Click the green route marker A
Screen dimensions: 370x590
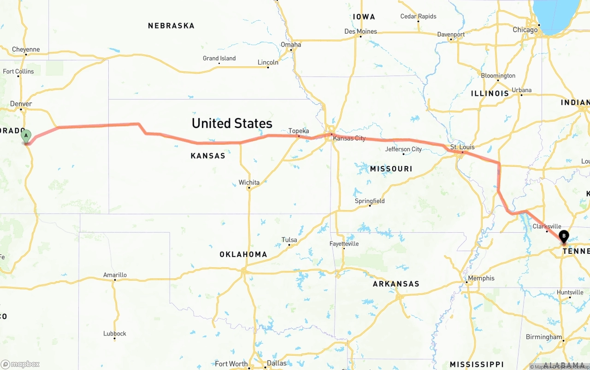tap(26, 136)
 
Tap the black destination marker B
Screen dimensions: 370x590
tap(563, 236)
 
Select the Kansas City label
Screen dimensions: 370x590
tap(349, 138)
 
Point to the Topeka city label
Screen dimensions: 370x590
tap(299, 131)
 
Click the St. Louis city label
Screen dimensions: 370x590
tap(462, 147)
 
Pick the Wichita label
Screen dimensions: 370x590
tap(249, 182)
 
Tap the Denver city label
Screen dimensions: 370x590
tap(21, 104)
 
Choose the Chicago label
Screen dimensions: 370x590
tap(525, 30)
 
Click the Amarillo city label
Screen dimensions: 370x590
tap(115, 275)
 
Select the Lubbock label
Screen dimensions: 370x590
tap(115, 334)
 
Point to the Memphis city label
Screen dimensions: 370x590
tap(481, 278)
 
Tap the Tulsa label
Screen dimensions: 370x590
tap(289, 240)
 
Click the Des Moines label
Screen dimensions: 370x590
tap(360, 31)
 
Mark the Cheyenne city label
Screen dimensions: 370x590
tap(26, 49)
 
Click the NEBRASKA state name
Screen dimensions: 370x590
tap(171, 26)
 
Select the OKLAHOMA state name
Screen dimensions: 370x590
tap(243, 254)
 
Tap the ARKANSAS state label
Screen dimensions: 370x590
tap(396, 284)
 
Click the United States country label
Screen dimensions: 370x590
tap(232, 123)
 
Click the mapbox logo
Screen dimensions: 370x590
tap(20, 364)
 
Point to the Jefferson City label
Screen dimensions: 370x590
tap(403, 149)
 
